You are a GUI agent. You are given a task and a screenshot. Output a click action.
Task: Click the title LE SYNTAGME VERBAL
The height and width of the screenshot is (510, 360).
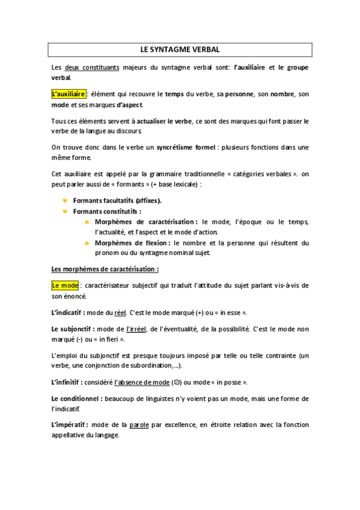coord(180,48)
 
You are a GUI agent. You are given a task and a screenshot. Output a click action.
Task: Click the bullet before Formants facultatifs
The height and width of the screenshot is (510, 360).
coord(65,200)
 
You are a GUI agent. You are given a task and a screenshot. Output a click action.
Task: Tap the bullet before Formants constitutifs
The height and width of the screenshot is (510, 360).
coord(65,212)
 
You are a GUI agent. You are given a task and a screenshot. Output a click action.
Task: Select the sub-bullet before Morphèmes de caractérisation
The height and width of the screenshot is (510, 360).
coord(87,223)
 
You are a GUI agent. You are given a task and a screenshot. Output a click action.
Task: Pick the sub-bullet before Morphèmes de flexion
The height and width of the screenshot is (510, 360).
coord(87,243)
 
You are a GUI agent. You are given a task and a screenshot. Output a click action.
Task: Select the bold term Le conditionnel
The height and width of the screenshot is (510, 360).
coord(75,398)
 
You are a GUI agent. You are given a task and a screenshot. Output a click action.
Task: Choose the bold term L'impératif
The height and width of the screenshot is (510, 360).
coord(70,425)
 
